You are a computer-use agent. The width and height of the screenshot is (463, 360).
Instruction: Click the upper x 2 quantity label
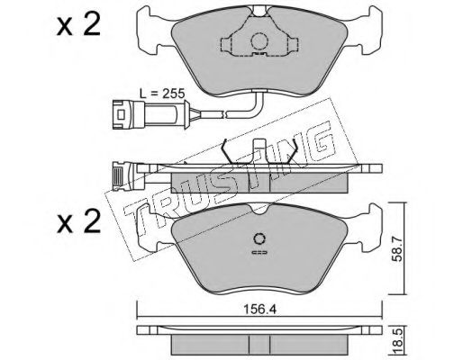(x=78, y=25)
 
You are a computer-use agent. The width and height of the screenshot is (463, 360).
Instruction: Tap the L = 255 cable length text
(x=162, y=94)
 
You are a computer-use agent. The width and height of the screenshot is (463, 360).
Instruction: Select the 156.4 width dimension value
(x=259, y=310)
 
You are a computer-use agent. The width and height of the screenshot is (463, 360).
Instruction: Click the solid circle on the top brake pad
(x=259, y=41)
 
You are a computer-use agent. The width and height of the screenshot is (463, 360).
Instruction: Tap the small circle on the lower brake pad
(x=259, y=239)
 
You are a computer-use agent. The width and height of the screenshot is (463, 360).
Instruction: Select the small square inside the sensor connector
(x=121, y=114)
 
